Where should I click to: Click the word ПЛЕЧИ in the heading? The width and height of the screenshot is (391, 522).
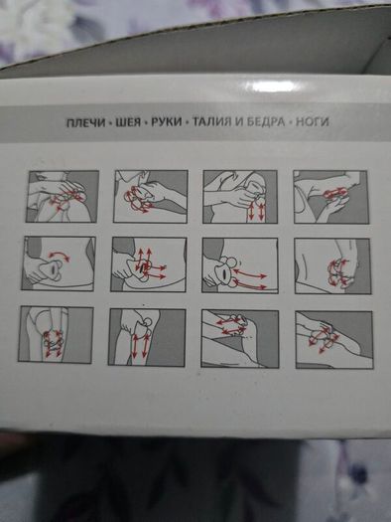[x=86, y=122]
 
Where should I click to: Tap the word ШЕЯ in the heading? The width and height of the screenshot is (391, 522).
[x=129, y=122]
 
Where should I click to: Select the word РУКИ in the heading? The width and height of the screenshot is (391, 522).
[x=167, y=122]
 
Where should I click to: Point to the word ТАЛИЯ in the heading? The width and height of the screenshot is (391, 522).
[x=212, y=122]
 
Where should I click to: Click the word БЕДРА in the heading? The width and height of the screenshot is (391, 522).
[x=265, y=122]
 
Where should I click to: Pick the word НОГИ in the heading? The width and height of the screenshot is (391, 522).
[x=313, y=122]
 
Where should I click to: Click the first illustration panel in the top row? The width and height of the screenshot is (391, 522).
[x=63, y=197]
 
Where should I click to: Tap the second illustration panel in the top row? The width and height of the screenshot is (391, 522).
[x=151, y=197]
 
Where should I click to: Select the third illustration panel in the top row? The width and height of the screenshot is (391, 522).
[x=240, y=197]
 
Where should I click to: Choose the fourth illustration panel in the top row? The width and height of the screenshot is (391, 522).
[x=331, y=197]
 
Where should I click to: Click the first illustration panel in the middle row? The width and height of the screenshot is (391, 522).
[x=59, y=263]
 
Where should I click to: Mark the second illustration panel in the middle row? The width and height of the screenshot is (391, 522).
[x=149, y=264]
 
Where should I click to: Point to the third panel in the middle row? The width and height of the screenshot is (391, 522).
[x=240, y=265]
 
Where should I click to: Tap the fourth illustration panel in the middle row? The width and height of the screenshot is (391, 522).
[x=332, y=266]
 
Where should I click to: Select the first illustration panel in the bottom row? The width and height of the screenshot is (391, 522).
[x=56, y=334]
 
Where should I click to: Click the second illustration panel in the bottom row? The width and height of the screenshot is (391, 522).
[x=147, y=337]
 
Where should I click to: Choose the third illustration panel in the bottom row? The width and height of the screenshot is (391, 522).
[x=240, y=339]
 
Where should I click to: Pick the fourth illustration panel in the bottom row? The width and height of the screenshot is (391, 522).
[x=334, y=340]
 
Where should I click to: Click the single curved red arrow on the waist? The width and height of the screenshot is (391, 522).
[x=59, y=254]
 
